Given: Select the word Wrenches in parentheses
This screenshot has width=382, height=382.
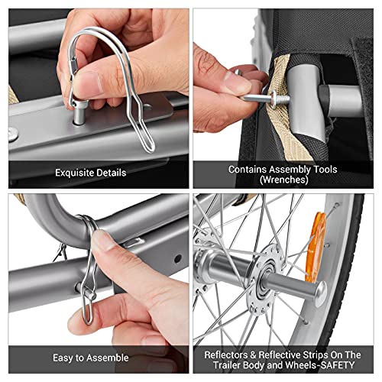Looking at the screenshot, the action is coord(284,180).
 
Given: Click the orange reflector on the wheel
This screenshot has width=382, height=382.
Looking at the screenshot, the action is coord(316,247).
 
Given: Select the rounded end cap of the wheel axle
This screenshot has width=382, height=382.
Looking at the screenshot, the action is coord(321,293).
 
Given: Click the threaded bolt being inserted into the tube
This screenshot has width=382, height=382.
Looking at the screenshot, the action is coord(265,98).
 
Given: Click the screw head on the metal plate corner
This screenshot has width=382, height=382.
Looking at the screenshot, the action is coord(12,134).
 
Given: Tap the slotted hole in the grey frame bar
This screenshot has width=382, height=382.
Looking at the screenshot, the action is coord(134,242).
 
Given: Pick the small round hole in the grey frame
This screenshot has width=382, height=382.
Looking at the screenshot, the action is coord(178,259).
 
